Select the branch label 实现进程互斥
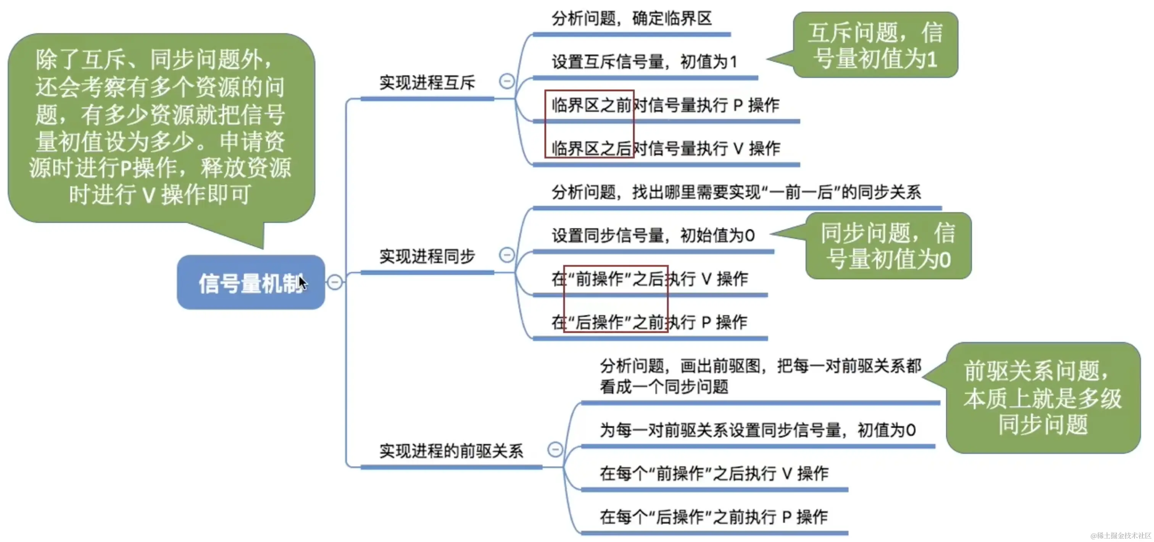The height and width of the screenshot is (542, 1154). pyautogui.click(x=427, y=83)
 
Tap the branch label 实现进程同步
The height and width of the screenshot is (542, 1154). pyautogui.click(x=427, y=256)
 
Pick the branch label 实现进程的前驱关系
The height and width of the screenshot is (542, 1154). pyautogui.click(x=451, y=451)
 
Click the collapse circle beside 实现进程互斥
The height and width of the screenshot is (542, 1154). pyautogui.click(x=507, y=81)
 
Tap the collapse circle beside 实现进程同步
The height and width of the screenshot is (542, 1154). pyautogui.click(x=507, y=255)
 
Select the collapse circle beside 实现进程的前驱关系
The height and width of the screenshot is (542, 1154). pyautogui.click(x=555, y=449)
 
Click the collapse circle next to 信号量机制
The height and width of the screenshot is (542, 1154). pyautogui.click(x=335, y=282)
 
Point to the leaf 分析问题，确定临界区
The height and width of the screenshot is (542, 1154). pyautogui.click(x=632, y=19)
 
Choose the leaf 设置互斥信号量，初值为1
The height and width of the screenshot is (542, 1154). pyautogui.click(x=644, y=62)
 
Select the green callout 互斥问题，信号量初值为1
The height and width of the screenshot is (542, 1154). pyautogui.click(x=875, y=45)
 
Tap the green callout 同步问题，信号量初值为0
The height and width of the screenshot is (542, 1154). pyautogui.click(x=888, y=246)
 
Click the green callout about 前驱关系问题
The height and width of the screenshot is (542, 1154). pyautogui.click(x=1043, y=398)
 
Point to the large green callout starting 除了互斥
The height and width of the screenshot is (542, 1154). pyautogui.click(x=161, y=128)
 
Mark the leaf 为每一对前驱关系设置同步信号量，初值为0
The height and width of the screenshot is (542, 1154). pyautogui.click(x=758, y=430)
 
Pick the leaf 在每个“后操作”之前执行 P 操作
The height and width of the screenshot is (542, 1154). pyautogui.click(x=714, y=517)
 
